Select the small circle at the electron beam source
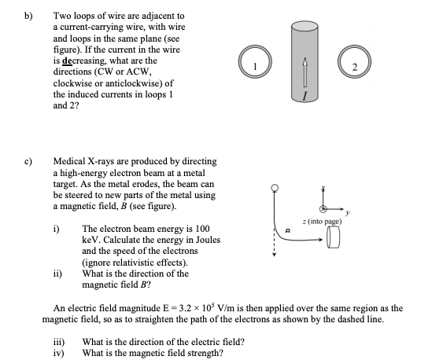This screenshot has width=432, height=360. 275,187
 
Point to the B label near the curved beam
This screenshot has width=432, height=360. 290,231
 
